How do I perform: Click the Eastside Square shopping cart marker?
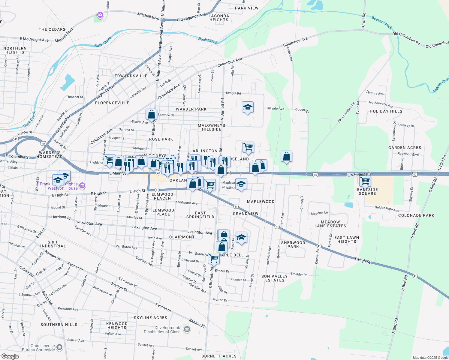pyautogui.click(x=365, y=181)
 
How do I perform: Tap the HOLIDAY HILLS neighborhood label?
pyautogui.click(x=386, y=111)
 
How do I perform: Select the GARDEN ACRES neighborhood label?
pyautogui.click(x=405, y=148)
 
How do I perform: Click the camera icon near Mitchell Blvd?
pyautogui.click(x=100, y=15)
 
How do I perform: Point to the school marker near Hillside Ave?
pyautogui.click(x=248, y=107)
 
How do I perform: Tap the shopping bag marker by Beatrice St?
pyautogui.click(x=152, y=114)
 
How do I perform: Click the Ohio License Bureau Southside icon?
pyautogui.click(x=59, y=347)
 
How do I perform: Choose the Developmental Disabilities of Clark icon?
pyautogui.click(x=187, y=330)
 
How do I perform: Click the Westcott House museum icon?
pyautogui.click(x=82, y=186)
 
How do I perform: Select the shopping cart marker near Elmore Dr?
pyautogui.click(x=214, y=258)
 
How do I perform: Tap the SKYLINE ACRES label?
pyautogui.click(x=150, y=318)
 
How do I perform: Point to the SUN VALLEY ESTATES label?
pyautogui.click(x=274, y=278)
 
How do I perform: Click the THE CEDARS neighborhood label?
pyautogui.click(x=52, y=29)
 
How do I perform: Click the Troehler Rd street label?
pyautogui.click(x=299, y=274)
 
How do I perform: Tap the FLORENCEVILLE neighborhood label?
pyautogui.click(x=112, y=103)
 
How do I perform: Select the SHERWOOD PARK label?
pyautogui.click(x=293, y=244)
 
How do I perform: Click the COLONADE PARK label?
pyautogui.click(x=416, y=215)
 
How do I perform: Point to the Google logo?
pyautogui.click(x=10, y=356)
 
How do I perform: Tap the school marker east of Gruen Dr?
pyautogui.click(x=241, y=237)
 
